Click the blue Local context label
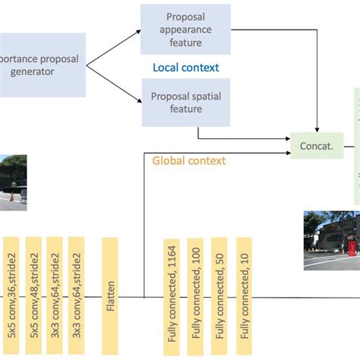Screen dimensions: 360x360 185,68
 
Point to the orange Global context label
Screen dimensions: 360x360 188,160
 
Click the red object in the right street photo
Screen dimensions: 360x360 350,247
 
